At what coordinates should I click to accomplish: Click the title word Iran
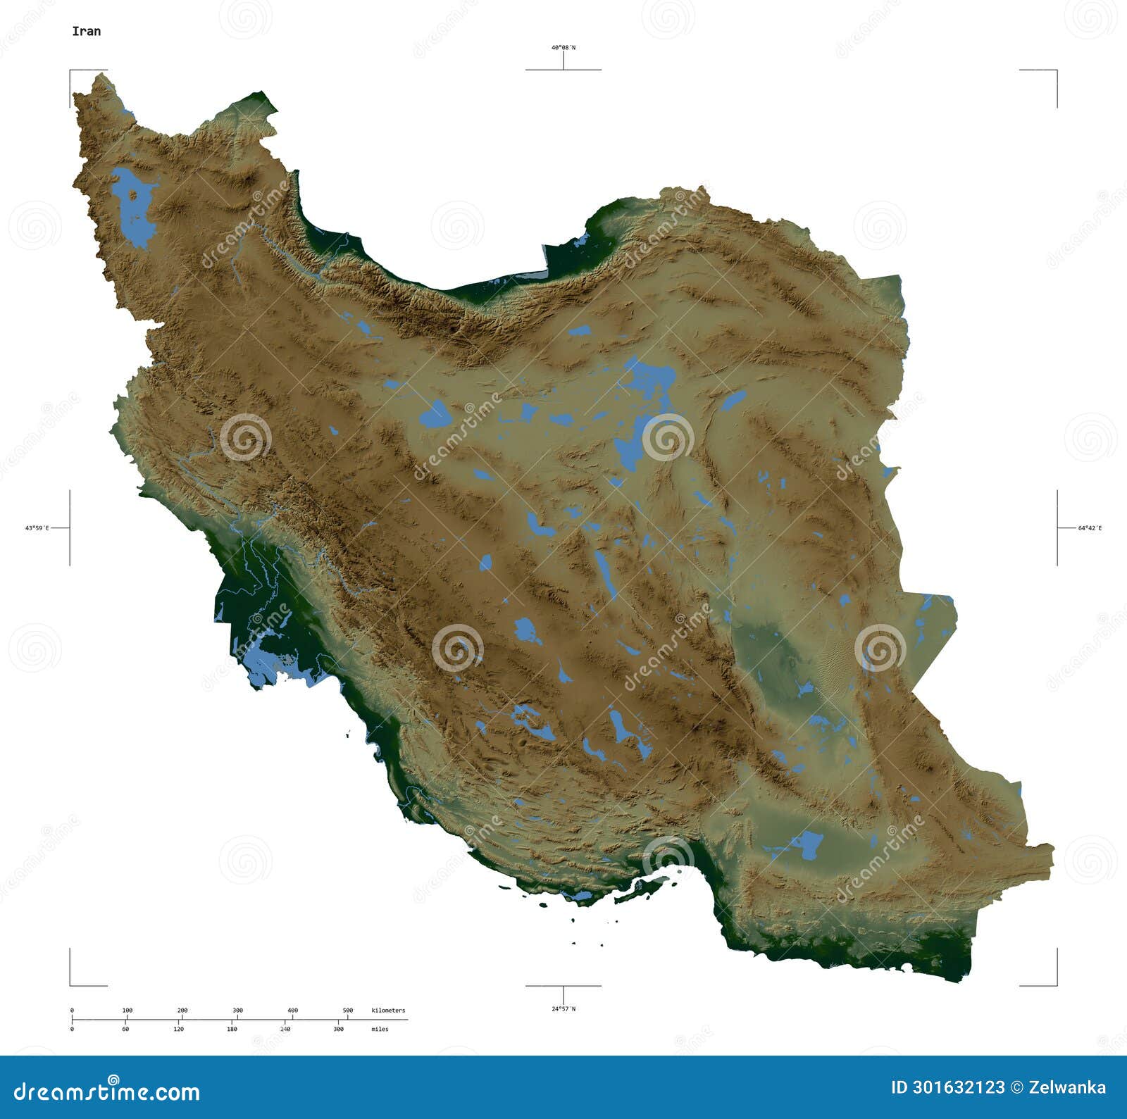point(86,31)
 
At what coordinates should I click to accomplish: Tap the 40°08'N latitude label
point(563,48)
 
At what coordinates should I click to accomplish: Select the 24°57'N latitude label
point(563,1008)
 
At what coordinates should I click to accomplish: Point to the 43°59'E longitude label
point(37,527)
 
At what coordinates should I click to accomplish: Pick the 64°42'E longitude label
point(1089,527)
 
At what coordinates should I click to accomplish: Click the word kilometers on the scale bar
point(388,1011)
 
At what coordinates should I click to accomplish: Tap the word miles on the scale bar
point(380,1029)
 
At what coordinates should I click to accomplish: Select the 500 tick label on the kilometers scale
point(348,1011)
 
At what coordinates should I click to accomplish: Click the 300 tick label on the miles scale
point(338,1029)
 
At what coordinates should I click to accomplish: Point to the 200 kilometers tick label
point(182,1011)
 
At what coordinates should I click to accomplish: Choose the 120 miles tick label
point(179,1029)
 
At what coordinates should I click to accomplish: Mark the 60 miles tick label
point(125,1029)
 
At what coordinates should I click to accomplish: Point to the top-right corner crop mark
point(1056,70)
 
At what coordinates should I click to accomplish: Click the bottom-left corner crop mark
point(70,984)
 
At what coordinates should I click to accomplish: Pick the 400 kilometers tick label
point(293,1011)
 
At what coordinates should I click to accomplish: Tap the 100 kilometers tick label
point(127,1011)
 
